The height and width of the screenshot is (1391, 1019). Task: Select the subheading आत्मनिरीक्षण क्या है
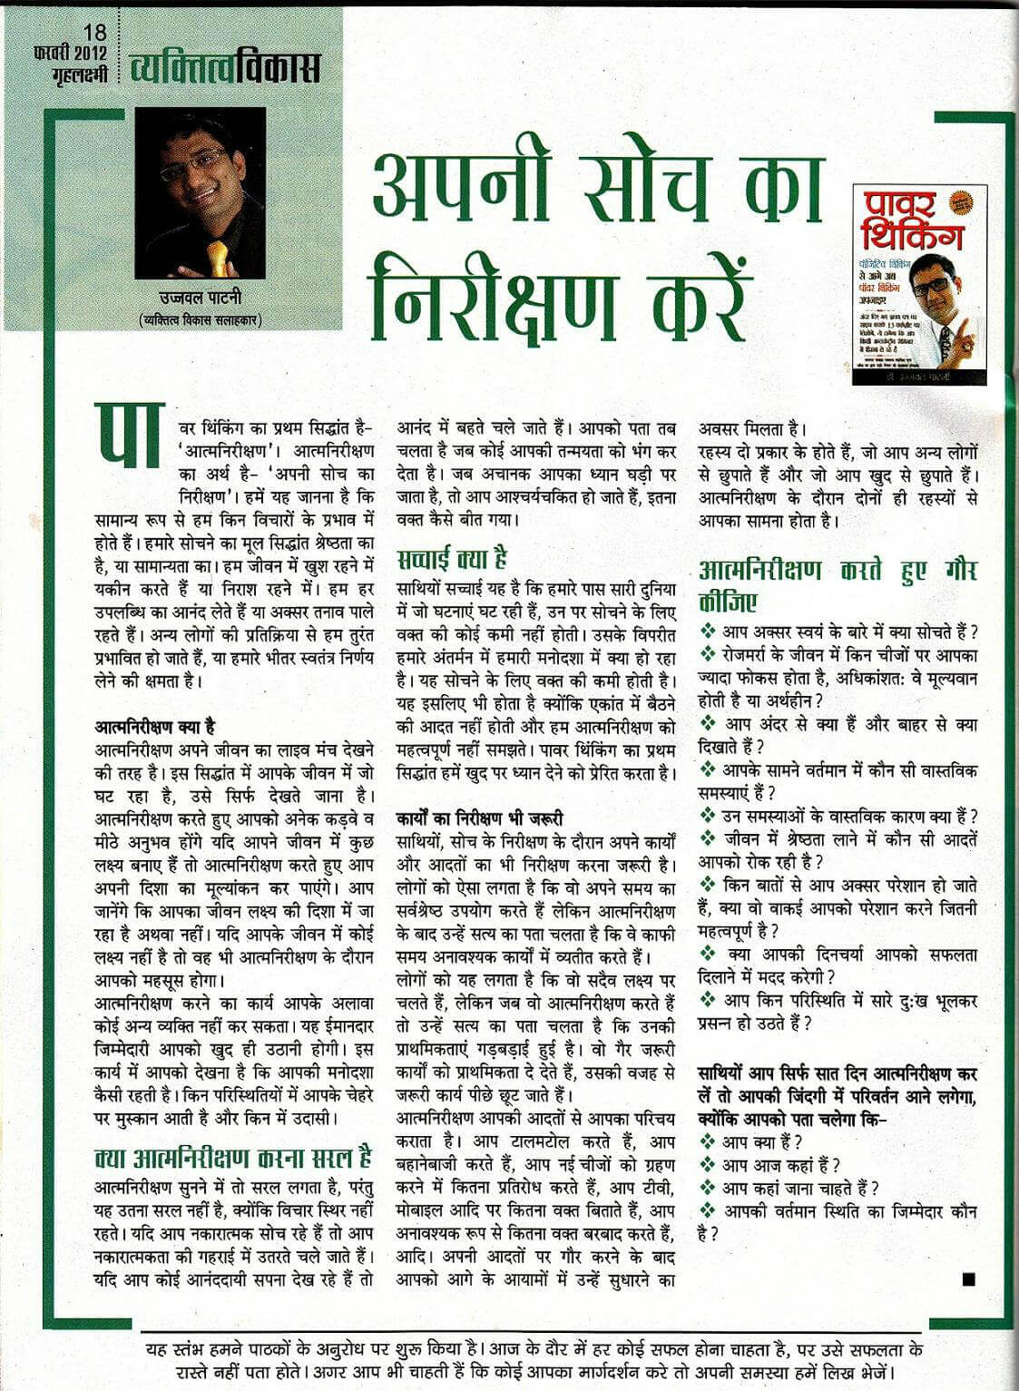(154, 725)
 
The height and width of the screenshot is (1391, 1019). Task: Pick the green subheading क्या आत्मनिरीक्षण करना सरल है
(233, 1157)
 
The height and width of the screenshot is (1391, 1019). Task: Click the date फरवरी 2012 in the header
(69, 54)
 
